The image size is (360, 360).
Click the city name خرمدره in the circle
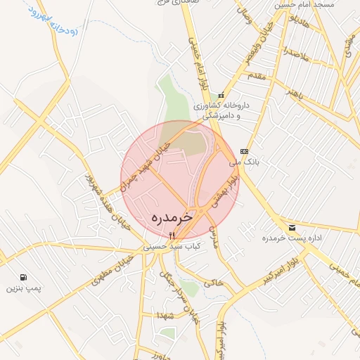coord(172,218)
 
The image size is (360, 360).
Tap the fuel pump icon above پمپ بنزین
coord(25,278)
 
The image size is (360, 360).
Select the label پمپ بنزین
coord(25,288)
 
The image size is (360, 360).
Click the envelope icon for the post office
coord(292,227)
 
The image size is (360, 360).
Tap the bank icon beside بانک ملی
coord(244,151)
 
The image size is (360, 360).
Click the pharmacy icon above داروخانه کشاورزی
coord(221,95)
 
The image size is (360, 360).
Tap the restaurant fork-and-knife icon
coord(172,236)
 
